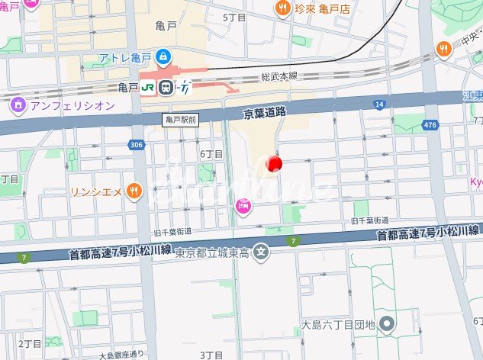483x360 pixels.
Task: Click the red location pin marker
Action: pos(273,163)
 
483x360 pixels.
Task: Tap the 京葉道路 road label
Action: pos(264,111)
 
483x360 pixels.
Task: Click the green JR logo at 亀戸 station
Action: pos(148,88)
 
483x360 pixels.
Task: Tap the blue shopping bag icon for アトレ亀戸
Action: pos(163,57)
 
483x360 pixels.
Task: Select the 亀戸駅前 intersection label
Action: pos(181,120)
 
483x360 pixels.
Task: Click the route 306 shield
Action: pos(137,145)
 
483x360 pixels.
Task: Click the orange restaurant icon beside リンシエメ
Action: pos(134,191)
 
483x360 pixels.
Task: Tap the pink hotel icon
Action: pos(243,206)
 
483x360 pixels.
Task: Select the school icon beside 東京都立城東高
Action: pos(262,252)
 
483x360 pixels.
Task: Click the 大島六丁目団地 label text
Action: pos(339,325)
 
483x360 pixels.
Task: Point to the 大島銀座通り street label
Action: pos(121,355)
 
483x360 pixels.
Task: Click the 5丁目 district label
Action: pos(233,17)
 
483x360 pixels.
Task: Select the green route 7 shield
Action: pos(292,242)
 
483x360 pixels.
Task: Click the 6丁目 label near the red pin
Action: pos(211,154)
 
